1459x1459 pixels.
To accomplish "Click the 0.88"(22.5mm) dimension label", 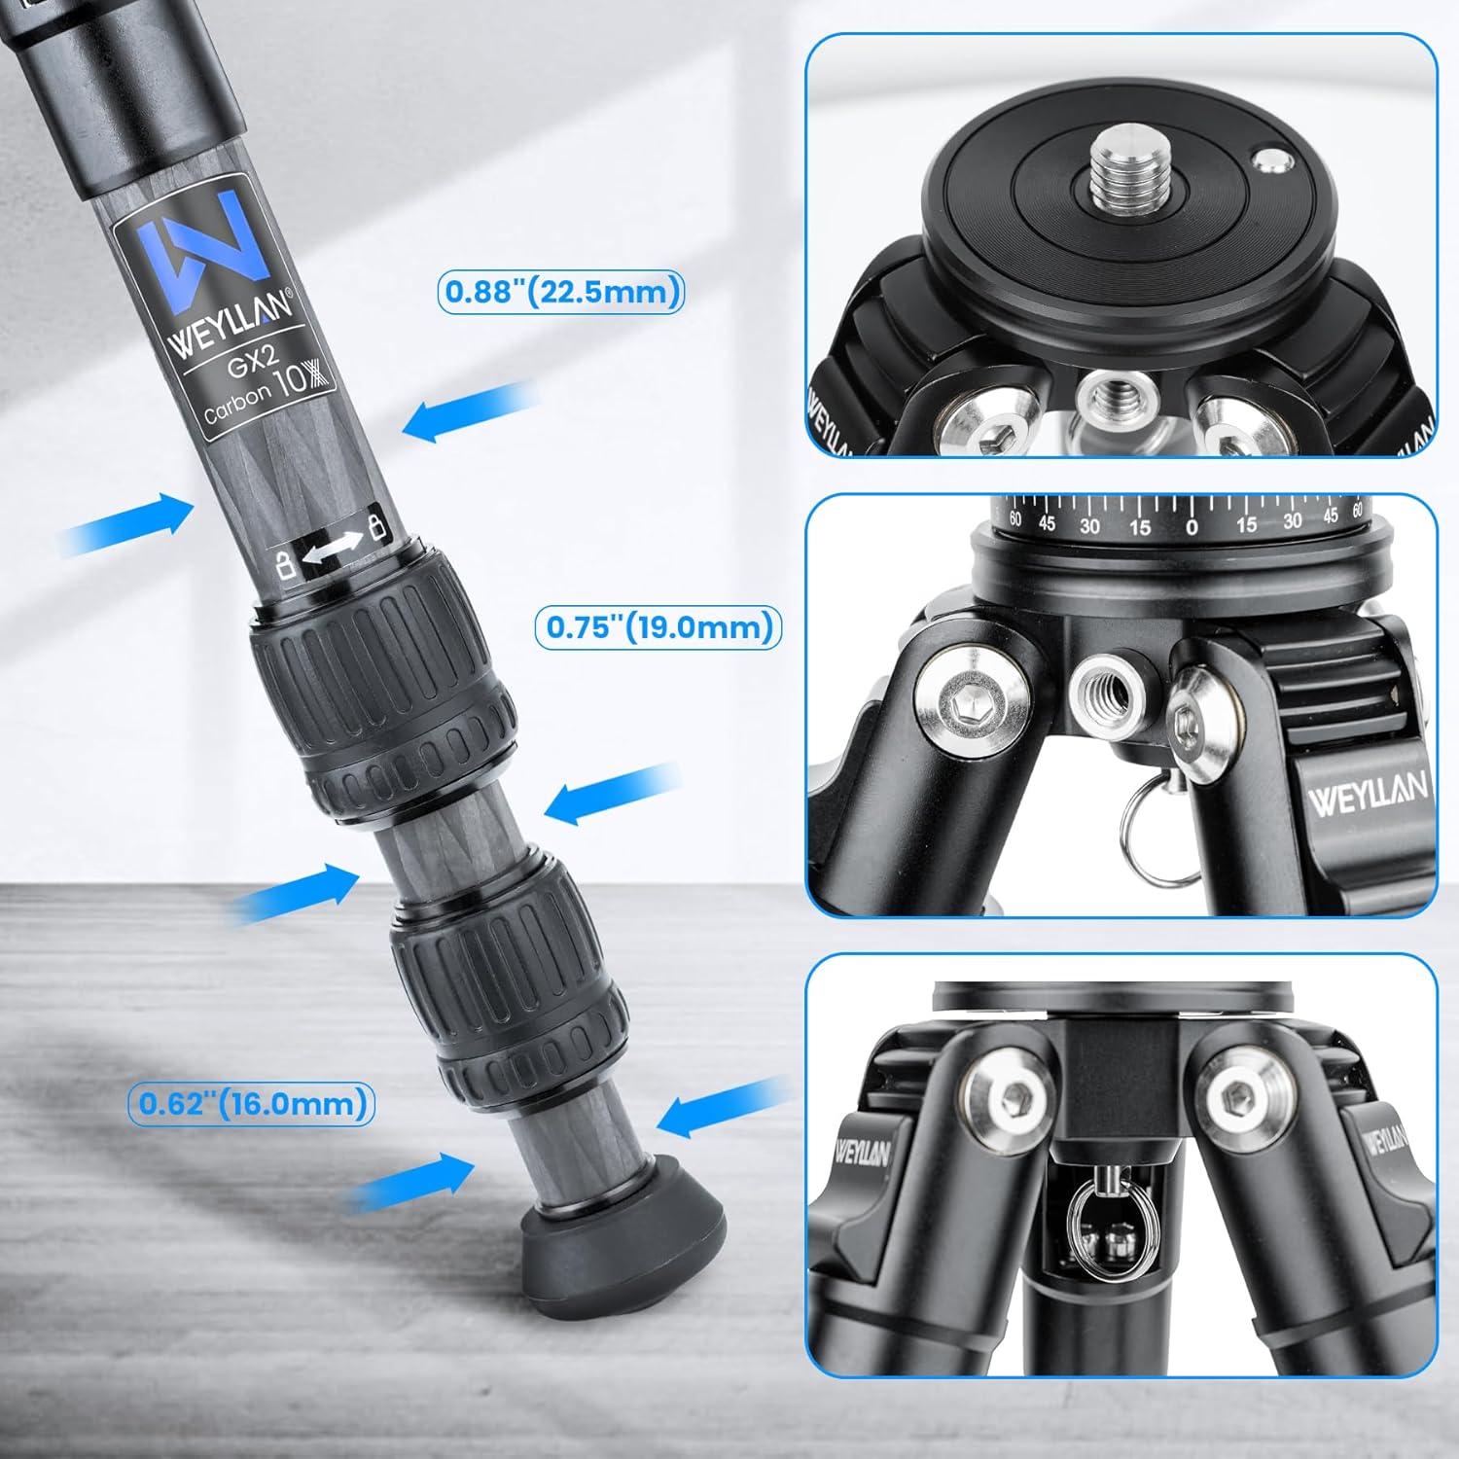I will coord(561,292).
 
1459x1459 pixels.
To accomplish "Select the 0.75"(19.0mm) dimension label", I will coord(658,627).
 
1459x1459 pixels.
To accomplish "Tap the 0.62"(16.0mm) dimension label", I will coord(251,1103).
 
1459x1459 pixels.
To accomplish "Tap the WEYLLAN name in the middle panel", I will coord(1367,796).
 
